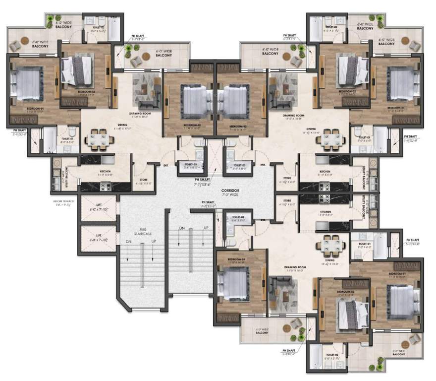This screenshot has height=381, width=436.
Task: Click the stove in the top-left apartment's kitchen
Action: click(105, 187)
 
